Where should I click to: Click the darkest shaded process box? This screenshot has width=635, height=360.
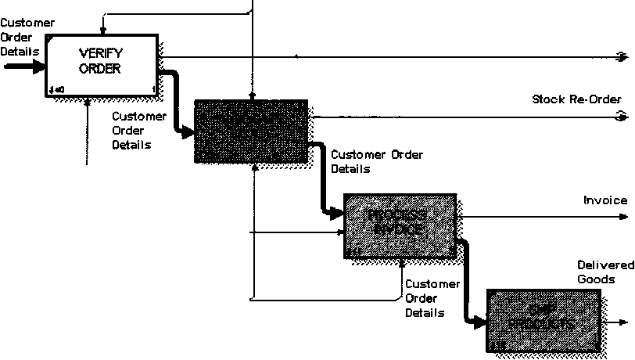pyautogui.click(x=249, y=131)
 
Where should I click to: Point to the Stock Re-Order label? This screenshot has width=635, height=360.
pyautogui.click(x=576, y=99)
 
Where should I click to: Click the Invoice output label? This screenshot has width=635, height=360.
pyautogui.click(x=605, y=200)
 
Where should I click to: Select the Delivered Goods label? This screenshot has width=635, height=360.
pyautogui.click(x=596, y=272)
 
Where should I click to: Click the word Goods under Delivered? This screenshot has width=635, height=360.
pyautogui.click(x=595, y=279)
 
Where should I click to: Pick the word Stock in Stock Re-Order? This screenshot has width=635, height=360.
pyautogui.click(x=547, y=99)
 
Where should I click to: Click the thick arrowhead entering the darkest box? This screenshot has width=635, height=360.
pyautogui.click(x=188, y=134)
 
